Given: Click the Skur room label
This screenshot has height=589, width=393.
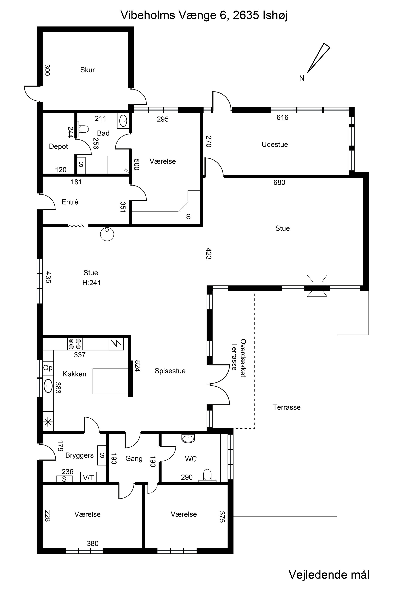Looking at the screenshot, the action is (x=87, y=70).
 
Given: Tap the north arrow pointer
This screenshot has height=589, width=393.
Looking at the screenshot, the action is (x=319, y=58).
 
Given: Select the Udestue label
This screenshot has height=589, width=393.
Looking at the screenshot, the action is (x=275, y=145).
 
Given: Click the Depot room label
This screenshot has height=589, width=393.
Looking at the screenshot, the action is (x=58, y=146).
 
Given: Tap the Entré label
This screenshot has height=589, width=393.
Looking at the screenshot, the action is (x=70, y=202).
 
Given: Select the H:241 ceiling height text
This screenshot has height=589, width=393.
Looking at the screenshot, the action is (x=92, y=283).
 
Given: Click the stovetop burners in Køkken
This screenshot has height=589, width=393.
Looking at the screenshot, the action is (x=75, y=344).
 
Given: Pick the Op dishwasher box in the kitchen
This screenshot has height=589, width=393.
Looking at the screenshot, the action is (x=48, y=368).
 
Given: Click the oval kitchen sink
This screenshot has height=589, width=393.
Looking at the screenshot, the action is (x=48, y=386).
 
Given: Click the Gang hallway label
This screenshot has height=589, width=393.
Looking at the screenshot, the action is (x=134, y=459).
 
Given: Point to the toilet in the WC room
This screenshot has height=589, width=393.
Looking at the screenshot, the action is (x=207, y=475).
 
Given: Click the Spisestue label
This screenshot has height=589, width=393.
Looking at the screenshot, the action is (x=170, y=371).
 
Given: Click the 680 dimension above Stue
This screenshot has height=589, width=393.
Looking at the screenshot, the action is (x=279, y=183).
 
